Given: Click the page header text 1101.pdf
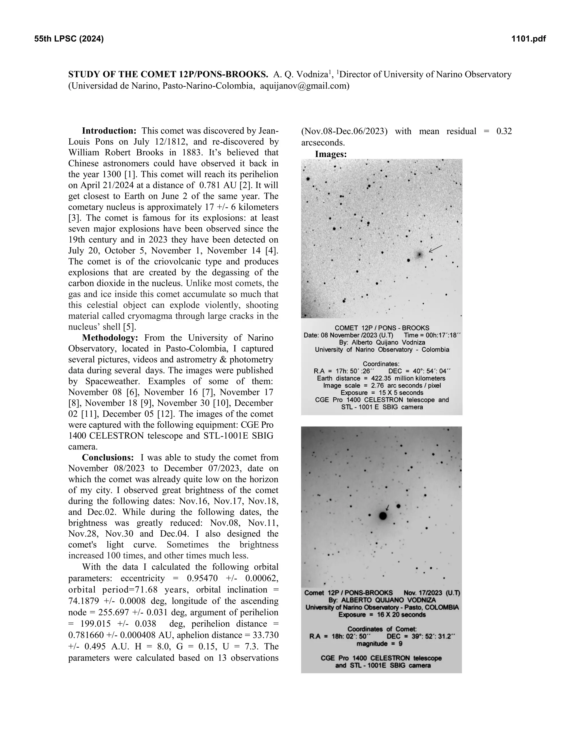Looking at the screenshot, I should pyautogui.click(x=528, y=39).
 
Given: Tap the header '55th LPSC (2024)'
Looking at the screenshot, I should pyautogui.click(x=69, y=39).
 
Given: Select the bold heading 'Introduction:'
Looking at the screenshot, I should pyautogui.click(x=109, y=131).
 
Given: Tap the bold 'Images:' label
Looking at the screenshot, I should pyautogui.click(x=330, y=154).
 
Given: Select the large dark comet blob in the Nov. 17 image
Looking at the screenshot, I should pyautogui.click(x=383, y=516).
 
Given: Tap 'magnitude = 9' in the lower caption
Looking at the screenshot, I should pyautogui.click(x=379, y=644).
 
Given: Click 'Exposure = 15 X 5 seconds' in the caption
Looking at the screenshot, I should pyautogui.click(x=382, y=393).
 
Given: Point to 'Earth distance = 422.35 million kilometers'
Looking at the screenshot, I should pyautogui.click(x=381, y=378).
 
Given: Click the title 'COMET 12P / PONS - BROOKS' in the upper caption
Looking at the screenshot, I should pyautogui.click(x=382, y=328).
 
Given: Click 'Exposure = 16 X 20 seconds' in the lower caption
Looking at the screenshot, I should pyautogui.click(x=382, y=615).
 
